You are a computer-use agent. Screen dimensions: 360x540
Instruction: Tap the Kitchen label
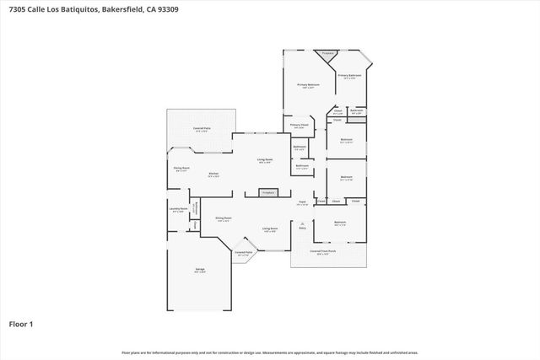pos(214,175)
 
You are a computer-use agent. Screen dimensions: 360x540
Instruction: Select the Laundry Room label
pos(178,210)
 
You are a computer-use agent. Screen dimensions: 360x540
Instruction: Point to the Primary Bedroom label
pos(308,86)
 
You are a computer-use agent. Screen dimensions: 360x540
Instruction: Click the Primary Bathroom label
pos(349,77)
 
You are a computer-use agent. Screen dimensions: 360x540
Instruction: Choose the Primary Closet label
pos(300,126)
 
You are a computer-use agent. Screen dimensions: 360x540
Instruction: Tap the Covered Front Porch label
pos(322,251)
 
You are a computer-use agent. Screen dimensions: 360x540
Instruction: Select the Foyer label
pos(301,202)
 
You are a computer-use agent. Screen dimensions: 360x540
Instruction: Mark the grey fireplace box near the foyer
pos(268,193)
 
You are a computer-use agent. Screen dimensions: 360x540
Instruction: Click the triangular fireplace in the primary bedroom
pos(328,55)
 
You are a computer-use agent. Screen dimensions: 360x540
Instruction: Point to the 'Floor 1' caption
pos(20,323)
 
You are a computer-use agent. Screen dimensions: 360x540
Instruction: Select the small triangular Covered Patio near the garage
pos(244,253)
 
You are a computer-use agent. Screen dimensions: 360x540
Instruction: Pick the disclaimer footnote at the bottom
pos(269,352)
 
